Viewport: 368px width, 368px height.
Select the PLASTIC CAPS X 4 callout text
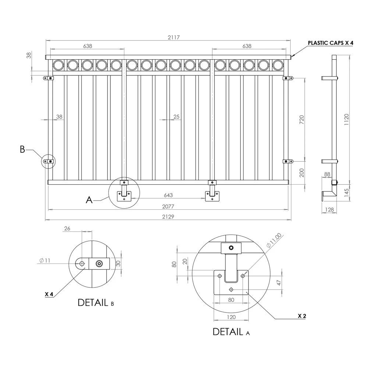click(x=330, y=43)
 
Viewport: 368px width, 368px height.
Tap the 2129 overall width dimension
click(x=168, y=217)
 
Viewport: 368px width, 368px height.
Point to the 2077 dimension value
click(x=168, y=206)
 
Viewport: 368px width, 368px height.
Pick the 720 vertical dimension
click(x=302, y=119)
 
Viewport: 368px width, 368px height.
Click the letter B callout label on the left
click(x=22, y=149)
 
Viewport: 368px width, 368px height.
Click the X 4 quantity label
click(x=49, y=294)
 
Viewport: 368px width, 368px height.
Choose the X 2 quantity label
click(x=302, y=316)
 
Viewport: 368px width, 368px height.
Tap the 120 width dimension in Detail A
click(x=231, y=317)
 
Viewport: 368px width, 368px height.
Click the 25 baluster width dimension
click(x=176, y=117)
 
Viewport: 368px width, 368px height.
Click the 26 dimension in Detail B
click(x=67, y=229)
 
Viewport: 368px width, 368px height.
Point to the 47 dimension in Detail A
click(x=279, y=283)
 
